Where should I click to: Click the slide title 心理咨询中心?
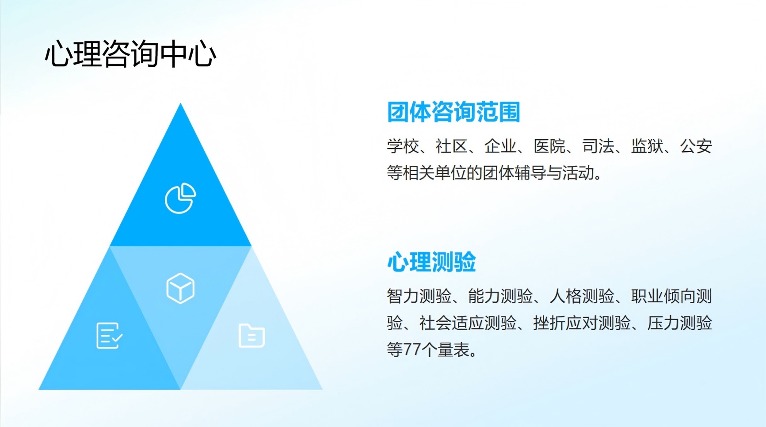130,54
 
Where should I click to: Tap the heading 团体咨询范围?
454,111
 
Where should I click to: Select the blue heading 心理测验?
431,262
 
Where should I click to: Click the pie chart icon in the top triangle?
180,198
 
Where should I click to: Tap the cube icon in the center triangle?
180,288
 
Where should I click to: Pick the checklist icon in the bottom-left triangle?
109,335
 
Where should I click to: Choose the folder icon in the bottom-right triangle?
252,336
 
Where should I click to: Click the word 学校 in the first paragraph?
403,146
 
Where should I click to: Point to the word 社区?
452,146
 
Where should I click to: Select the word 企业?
500,146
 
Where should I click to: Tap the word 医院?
549,146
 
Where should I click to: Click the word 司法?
598,146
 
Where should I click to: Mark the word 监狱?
647,146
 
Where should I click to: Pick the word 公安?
696,146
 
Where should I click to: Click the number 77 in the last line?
412,350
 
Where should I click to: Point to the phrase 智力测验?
419,296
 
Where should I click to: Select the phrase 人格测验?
582,296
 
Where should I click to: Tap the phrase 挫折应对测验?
582,323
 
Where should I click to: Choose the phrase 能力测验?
500,296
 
